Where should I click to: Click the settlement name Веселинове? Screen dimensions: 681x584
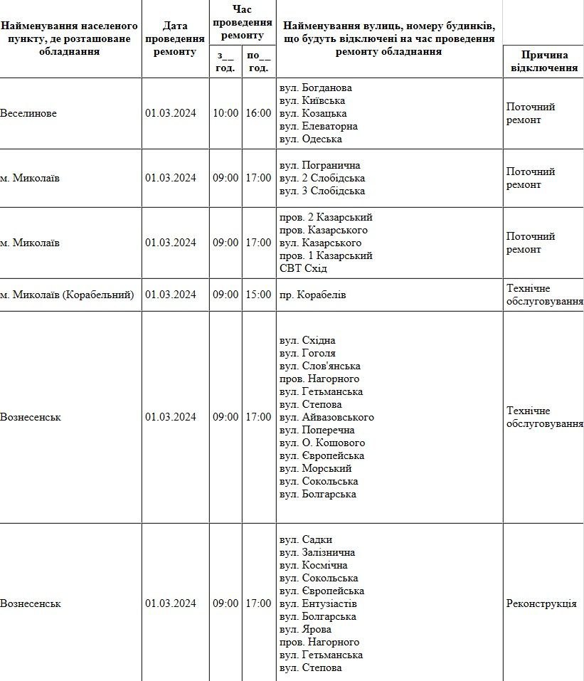click(x=28, y=114)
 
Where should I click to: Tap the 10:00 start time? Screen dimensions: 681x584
click(x=225, y=114)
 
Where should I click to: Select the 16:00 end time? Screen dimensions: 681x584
click(x=258, y=114)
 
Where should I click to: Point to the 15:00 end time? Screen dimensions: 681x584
click(x=258, y=295)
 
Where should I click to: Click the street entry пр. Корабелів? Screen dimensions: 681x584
click(x=313, y=295)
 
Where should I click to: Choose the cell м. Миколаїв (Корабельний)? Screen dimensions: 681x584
click(x=67, y=295)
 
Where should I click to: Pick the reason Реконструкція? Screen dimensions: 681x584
click(x=541, y=604)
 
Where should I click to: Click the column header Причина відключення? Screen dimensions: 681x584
click(x=542, y=61)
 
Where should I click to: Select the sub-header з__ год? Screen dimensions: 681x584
click(x=225, y=62)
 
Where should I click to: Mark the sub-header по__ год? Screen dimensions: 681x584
click(x=258, y=62)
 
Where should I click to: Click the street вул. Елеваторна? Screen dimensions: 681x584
click(x=319, y=127)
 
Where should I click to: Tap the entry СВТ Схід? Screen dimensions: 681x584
click(x=304, y=269)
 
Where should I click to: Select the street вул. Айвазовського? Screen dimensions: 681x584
click(x=326, y=418)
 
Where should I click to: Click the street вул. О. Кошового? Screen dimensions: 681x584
click(x=321, y=443)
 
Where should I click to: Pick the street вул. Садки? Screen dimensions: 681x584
click(x=306, y=540)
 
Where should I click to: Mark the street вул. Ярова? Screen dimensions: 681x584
click(x=306, y=630)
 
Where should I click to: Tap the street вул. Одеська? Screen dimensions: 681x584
click(x=311, y=139)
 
